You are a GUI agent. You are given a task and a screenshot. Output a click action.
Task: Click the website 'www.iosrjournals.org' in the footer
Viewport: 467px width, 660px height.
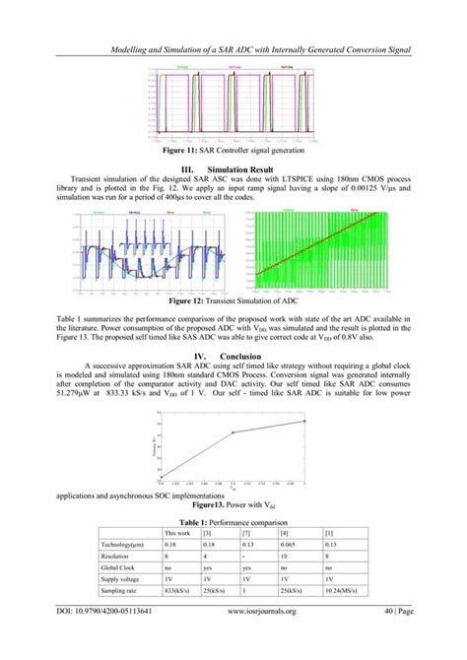coord(268,638)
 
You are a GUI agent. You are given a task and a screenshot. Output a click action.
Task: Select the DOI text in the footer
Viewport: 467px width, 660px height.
coord(114,638)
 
